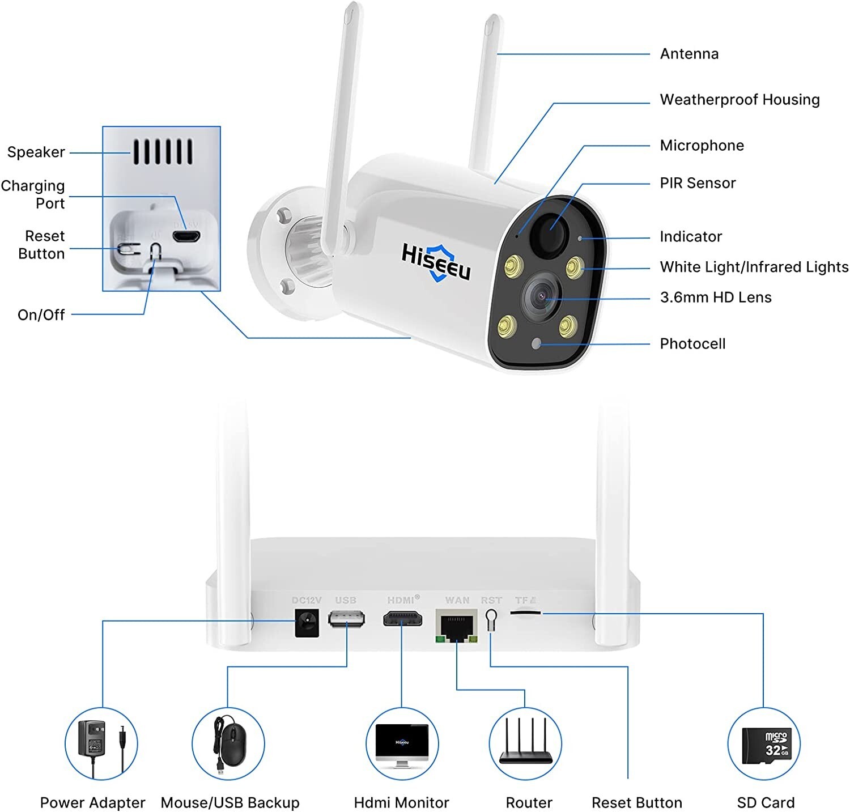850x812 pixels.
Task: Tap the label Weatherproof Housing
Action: pyautogui.click(x=739, y=100)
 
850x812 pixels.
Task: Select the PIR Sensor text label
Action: pyautogui.click(x=698, y=183)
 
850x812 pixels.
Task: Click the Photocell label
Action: pyautogui.click(x=692, y=344)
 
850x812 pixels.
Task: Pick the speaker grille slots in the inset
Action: pyautogui.click(x=163, y=152)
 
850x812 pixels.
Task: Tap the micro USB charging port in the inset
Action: pyautogui.click(x=186, y=236)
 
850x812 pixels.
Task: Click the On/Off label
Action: pyautogui.click(x=41, y=314)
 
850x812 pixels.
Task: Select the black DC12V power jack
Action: pyautogui.click(x=307, y=622)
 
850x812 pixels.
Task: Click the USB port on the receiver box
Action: pyautogui.click(x=346, y=619)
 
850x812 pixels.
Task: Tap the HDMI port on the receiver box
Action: pyautogui.click(x=402, y=619)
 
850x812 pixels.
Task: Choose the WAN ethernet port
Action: pyautogui.click(x=456, y=626)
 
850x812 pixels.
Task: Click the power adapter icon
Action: pyautogui.click(x=101, y=743)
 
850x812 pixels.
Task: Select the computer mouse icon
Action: pyautogui.click(x=228, y=743)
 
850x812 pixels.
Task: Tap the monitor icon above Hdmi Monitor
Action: pyautogui.click(x=402, y=744)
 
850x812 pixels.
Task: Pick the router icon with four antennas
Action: pyautogui.click(x=525, y=743)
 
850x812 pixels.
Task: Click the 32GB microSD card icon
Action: pyautogui.click(x=763, y=744)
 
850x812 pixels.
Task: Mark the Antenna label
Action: pyautogui.click(x=689, y=54)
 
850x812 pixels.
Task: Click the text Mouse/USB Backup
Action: pyautogui.click(x=230, y=803)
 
